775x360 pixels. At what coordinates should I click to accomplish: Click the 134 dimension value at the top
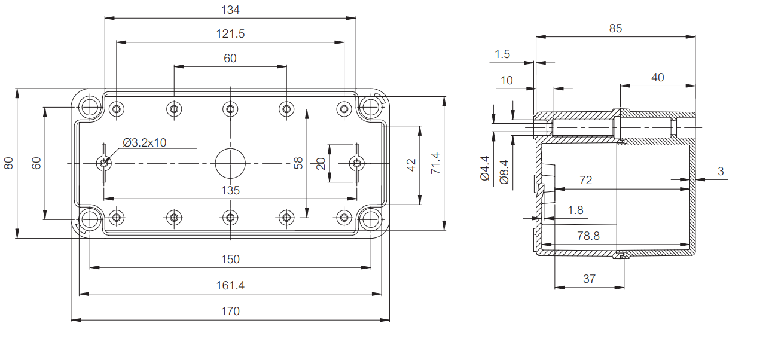230,10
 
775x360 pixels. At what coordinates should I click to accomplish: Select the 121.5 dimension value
230,34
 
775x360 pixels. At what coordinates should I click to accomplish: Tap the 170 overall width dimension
230,311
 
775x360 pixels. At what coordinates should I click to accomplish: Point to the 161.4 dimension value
230,285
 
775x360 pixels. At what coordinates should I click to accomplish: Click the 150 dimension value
230,259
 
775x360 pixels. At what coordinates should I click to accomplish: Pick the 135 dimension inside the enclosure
230,190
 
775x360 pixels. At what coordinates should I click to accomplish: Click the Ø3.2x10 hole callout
145,142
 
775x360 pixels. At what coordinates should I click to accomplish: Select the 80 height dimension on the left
8,163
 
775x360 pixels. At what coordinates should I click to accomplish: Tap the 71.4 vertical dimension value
435,163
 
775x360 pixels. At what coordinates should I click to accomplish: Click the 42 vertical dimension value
411,165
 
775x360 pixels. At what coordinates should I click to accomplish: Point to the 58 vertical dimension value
298,163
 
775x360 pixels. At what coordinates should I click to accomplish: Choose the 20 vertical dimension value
321,163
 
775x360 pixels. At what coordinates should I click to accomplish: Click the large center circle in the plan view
230,163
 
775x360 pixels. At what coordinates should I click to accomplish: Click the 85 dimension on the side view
615,28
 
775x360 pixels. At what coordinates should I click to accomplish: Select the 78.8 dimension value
588,236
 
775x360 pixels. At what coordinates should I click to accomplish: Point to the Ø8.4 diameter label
504,172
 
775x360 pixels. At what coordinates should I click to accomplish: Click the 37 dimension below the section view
589,279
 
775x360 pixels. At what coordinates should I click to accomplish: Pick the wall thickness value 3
721,171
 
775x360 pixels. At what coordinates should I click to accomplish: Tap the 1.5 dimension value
502,54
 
